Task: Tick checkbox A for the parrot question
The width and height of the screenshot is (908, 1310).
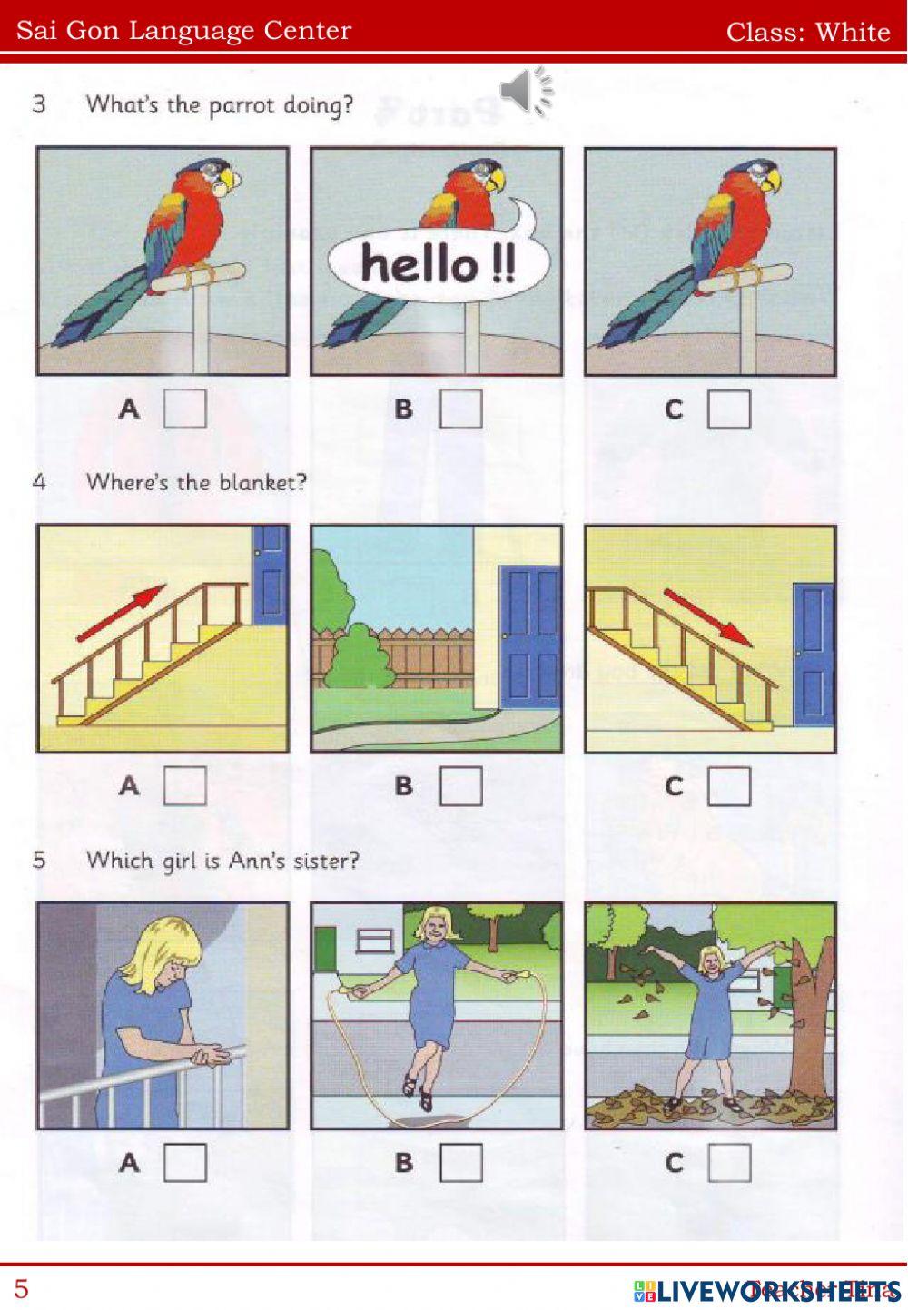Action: pos(184,409)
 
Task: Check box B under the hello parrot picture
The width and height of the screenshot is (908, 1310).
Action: pos(460,409)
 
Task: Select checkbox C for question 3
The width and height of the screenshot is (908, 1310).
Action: pos(729,409)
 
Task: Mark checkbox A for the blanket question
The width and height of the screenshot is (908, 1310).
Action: pos(184,786)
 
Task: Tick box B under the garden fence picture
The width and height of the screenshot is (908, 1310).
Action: pos(460,786)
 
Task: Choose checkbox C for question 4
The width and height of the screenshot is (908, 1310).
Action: pos(729,786)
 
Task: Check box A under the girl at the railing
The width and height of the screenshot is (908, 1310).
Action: pos(184,1163)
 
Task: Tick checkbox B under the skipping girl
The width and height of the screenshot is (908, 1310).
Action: pos(460,1163)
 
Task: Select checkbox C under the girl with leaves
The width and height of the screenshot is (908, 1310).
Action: pos(729,1163)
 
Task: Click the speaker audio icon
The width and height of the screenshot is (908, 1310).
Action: pos(525,91)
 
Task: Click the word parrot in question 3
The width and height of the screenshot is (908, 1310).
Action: pos(242,105)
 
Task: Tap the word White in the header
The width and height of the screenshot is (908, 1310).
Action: pos(853,32)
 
